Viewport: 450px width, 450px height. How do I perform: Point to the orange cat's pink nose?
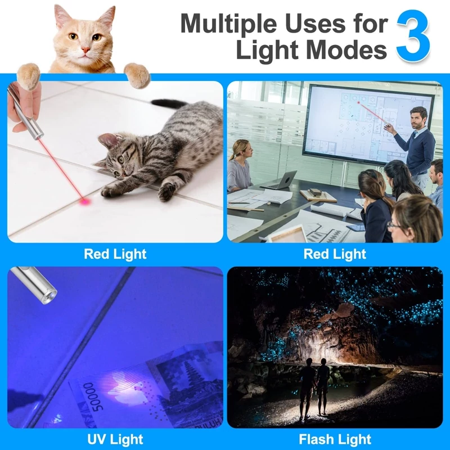(x=85, y=50)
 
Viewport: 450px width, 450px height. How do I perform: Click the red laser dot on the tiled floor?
(x=85, y=202)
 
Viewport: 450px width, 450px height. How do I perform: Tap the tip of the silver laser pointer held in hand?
(x=40, y=135)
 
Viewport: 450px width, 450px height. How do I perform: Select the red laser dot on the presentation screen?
(x=358, y=102)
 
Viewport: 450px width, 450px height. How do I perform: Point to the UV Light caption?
(x=115, y=439)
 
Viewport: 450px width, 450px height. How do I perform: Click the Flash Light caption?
(x=335, y=439)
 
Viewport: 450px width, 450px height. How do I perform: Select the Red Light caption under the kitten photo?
(x=115, y=254)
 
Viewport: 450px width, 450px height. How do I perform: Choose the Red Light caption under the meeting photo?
(x=335, y=254)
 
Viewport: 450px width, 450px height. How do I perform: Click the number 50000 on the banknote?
(x=94, y=397)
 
